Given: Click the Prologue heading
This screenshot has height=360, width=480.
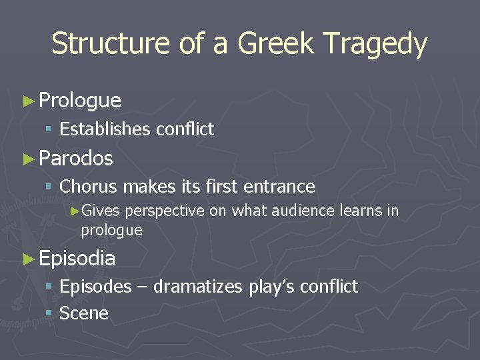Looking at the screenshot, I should coord(80,101).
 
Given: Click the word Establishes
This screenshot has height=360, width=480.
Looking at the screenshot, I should coord(105,129).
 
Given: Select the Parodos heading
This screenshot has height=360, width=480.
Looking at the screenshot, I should coord(76,159).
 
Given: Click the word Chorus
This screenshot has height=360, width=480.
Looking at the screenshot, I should coord(88,187).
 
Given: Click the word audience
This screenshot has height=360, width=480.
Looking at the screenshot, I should coord(312,211).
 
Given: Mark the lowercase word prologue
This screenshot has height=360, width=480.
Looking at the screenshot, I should coord(111,231).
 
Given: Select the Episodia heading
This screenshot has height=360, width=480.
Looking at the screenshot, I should coord(77,259).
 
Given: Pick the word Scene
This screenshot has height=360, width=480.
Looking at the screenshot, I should coord(84,313).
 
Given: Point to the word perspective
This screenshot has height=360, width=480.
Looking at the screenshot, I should coord(165,212).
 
